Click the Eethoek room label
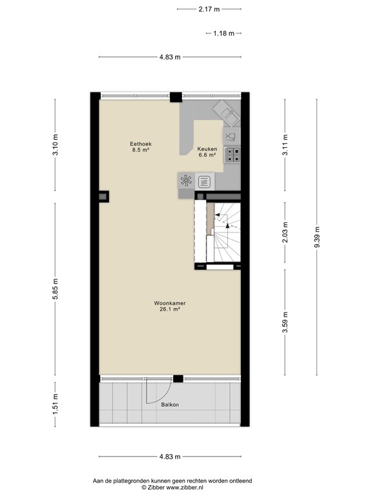[x=141, y=144]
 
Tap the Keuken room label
[x=207, y=149]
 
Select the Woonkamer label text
[x=170, y=303]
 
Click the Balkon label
[x=170, y=404]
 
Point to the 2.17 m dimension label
[x=209, y=9]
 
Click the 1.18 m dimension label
[x=224, y=33]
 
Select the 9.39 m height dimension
[x=317, y=237]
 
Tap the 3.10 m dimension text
[x=56, y=145]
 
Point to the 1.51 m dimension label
[x=56, y=404]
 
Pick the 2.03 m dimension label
[x=285, y=232]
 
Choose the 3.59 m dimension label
[x=285, y=322]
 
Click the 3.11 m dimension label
[x=285, y=145]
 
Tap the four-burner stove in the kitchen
[x=232, y=155]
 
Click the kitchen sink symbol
[x=227, y=112]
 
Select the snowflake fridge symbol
[x=186, y=181]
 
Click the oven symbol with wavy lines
[x=204, y=182]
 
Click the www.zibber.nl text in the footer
[x=185, y=488]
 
